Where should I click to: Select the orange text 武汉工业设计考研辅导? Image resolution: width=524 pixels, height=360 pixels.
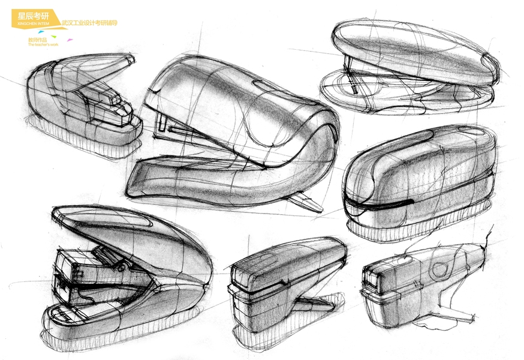coord(89,23)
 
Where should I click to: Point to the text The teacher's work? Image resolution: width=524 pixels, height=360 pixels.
coord(43,44)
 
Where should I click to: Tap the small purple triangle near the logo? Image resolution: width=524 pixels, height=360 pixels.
coord(70,40)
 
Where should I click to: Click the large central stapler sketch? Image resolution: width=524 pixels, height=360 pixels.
coord(234,132)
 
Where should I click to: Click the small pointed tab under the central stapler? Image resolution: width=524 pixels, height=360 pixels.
coord(307,202)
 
